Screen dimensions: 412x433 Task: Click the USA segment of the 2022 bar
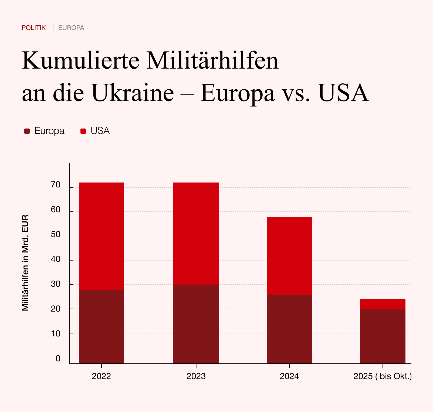tap(102, 236)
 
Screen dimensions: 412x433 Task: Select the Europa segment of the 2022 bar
tap(102, 327)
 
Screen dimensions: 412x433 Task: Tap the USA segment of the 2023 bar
tap(196, 234)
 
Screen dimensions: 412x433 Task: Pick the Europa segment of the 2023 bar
tap(196, 324)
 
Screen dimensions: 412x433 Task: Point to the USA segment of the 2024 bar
tap(289, 256)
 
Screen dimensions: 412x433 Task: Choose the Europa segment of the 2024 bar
tap(289, 329)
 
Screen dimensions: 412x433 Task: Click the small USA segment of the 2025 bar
tap(383, 304)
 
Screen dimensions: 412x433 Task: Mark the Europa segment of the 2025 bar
tap(383, 336)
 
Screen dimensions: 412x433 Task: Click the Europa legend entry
tap(45, 131)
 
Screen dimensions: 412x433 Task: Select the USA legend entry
tap(95, 131)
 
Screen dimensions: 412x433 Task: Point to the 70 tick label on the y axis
tap(56, 185)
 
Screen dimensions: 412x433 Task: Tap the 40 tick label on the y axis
tap(56, 259)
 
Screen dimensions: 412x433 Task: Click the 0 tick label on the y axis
tap(58, 359)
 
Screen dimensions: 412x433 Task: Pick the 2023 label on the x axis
tap(196, 376)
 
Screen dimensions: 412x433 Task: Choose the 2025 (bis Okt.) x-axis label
tap(383, 376)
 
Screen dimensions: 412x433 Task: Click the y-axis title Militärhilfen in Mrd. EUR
tap(25, 263)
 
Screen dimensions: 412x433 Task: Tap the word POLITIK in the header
tap(34, 28)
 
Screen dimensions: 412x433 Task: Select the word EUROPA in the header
tap(71, 28)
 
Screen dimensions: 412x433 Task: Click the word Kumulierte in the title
tap(80, 60)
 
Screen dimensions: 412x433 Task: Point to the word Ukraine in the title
tap(133, 93)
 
